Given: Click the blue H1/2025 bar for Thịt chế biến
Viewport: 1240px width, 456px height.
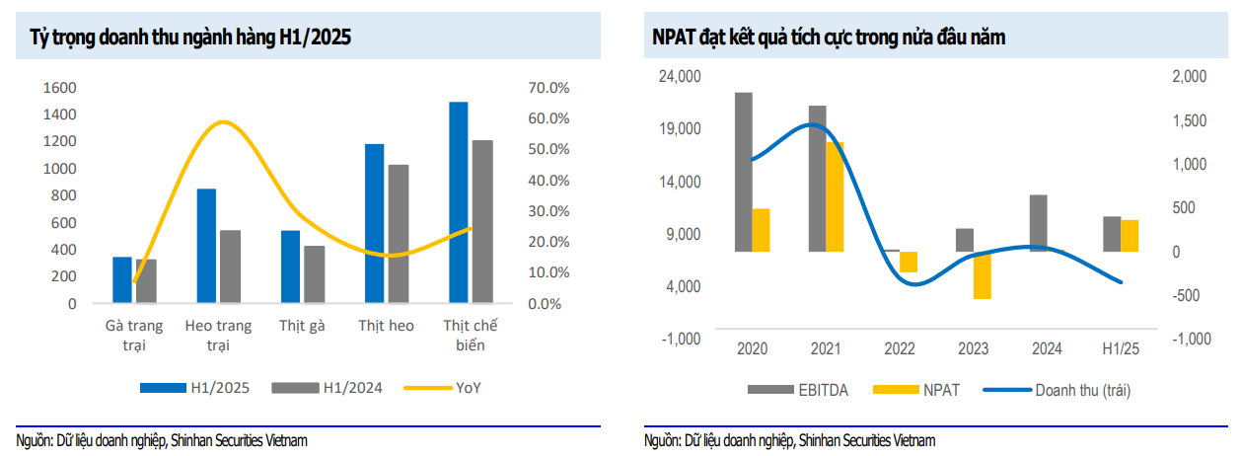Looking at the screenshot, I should [458, 201].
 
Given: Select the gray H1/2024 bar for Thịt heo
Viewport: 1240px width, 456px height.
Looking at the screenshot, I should [398, 233].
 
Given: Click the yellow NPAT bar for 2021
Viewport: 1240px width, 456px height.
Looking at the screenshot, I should [836, 196].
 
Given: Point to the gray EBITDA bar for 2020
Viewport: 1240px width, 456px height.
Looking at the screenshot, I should [743, 172].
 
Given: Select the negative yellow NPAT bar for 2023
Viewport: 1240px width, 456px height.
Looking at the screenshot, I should [981, 275].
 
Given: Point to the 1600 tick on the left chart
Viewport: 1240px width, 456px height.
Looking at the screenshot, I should [59, 88].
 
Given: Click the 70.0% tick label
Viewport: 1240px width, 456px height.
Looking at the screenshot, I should [549, 88].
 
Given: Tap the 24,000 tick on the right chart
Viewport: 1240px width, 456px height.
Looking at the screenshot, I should [680, 77].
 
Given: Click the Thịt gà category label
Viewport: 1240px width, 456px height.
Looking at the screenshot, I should [302, 326].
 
